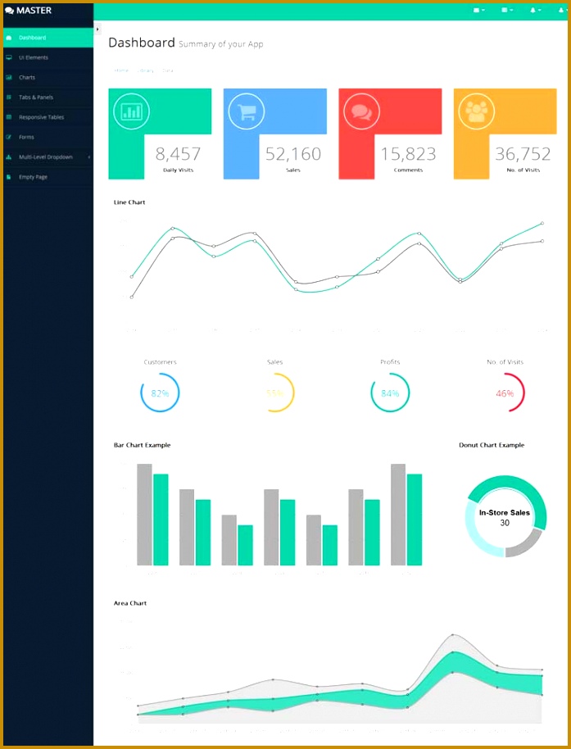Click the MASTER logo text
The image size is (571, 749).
pos(34,11)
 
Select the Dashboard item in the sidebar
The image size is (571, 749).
pos(33,38)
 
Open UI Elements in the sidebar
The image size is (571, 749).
pos(34,57)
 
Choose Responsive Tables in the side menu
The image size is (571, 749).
pos(41,117)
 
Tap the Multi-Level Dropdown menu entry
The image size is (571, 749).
pos(46,157)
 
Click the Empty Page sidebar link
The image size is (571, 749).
pos(34,177)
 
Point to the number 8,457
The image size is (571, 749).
pos(178,153)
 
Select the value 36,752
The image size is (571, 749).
pos(523,153)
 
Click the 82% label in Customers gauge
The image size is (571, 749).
pos(160,393)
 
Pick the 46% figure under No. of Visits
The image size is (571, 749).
pos(505,393)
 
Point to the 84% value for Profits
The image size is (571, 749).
pos(390,393)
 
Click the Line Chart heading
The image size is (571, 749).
pos(129,202)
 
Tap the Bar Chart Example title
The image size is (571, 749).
pos(142,445)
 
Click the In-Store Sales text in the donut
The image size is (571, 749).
pos(505,512)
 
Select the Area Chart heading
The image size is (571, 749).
pos(130,603)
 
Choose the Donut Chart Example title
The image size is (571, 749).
pos(492,445)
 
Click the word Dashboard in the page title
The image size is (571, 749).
pos(142,43)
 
